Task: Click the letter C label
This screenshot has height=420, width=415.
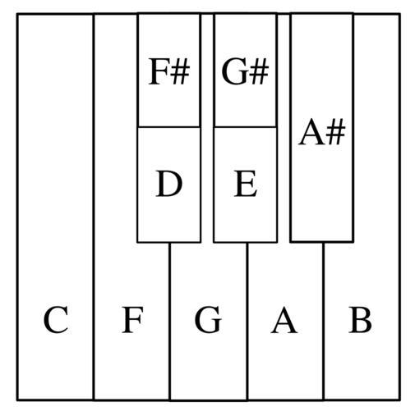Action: click(56, 320)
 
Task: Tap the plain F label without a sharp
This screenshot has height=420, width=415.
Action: click(132, 320)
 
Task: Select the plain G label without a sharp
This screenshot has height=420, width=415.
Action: click(208, 320)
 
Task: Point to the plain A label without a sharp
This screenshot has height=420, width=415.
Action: click(284, 320)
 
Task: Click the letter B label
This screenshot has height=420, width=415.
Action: click(360, 320)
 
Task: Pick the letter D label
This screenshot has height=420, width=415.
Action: click(168, 183)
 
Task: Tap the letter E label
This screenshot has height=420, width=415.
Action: click(246, 183)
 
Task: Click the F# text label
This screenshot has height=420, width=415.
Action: click(169, 71)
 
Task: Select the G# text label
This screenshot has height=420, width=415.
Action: click(245, 71)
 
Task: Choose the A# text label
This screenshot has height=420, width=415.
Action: click(321, 131)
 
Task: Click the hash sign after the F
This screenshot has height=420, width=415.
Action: click(181, 71)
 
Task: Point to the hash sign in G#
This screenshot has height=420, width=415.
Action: click(260, 71)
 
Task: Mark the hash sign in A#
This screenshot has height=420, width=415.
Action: click(336, 131)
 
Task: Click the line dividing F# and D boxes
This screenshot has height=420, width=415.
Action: click(169, 127)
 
